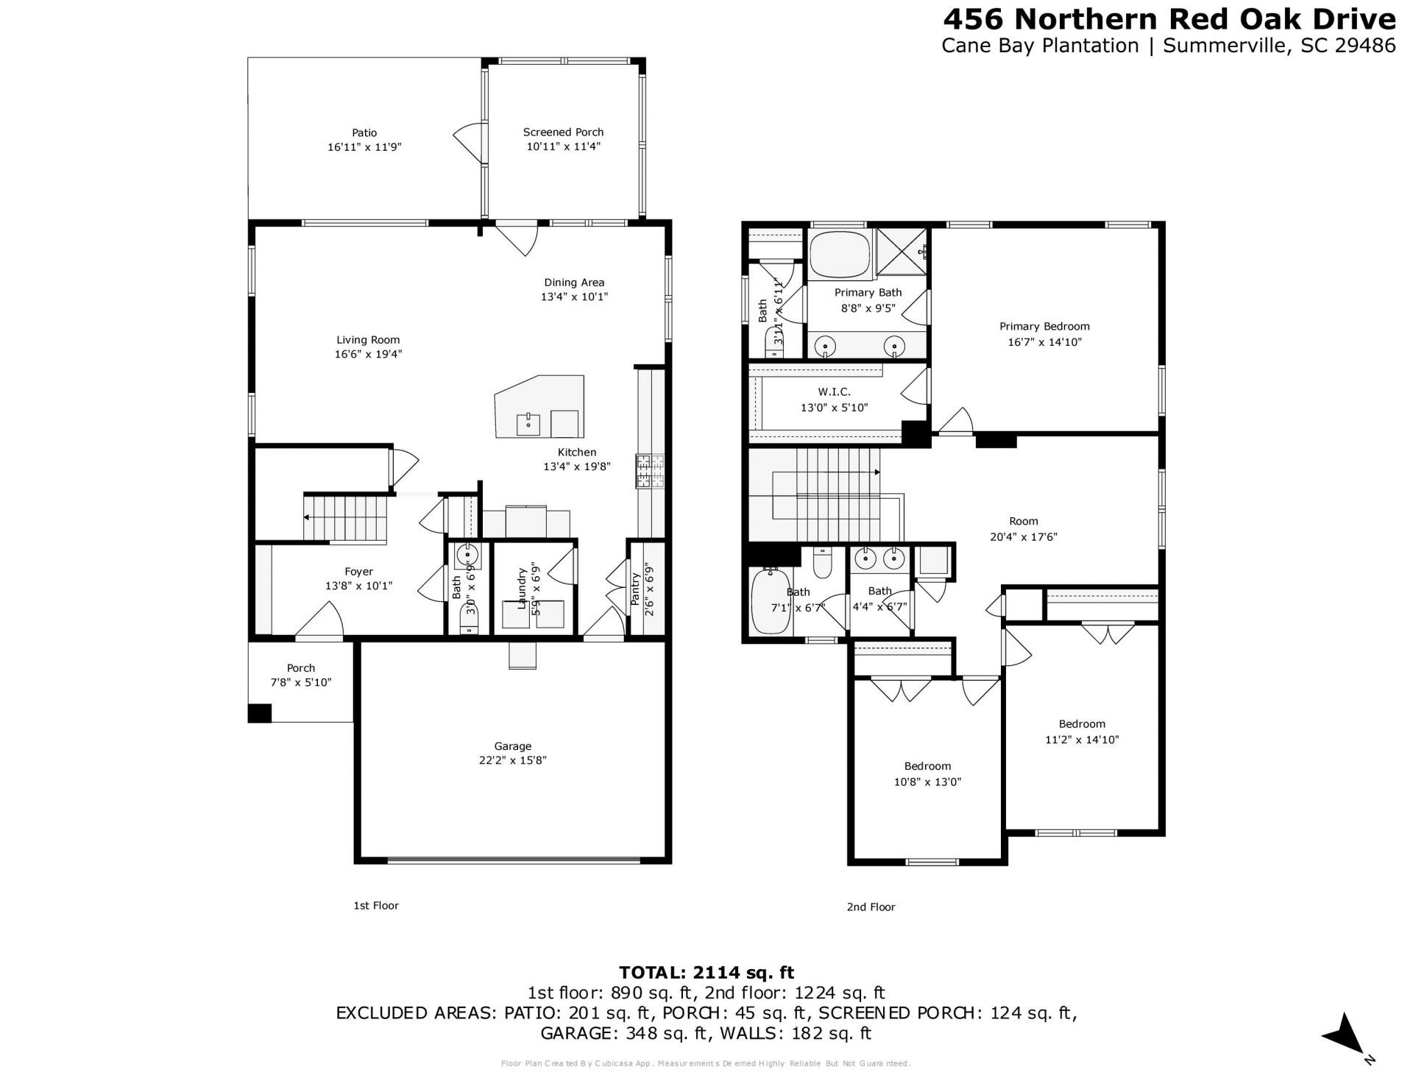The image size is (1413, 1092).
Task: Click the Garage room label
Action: pyautogui.click(x=512, y=746)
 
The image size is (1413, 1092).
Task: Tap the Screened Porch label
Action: pyautogui.click(x=563, y=132)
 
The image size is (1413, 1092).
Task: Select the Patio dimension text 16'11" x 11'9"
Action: pyautogui.click(x=364, y=147)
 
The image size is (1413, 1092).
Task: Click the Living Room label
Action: pyautogui.click(x=368, y=340)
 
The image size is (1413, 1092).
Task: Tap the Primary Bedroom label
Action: pyautogui.click(x=1044, y=327)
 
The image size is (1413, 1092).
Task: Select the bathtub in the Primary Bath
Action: pyautogui.click(x=840, y=253)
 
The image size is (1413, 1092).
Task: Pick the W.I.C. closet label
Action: pyautogui.click(x=834, y=392)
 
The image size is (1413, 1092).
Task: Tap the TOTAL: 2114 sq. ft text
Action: pyautogui.click(x=706, y=973)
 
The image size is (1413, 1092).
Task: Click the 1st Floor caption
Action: pyautogui.click(x=376, y=905)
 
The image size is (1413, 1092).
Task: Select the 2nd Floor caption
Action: pyautogui.click(x=871, y=907)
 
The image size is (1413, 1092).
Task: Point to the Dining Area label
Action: pyautogui.click(x=574, y=283)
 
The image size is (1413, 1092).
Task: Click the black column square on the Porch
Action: pyautogui.click(x=259, y=713)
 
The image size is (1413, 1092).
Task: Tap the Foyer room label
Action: pyautogui.click(x=358, y=572)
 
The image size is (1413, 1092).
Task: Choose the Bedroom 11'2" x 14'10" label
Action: pyautogui.click(x=1082, y=724)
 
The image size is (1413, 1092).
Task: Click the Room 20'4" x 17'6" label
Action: pyautogui.click(x=1024, y=521)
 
